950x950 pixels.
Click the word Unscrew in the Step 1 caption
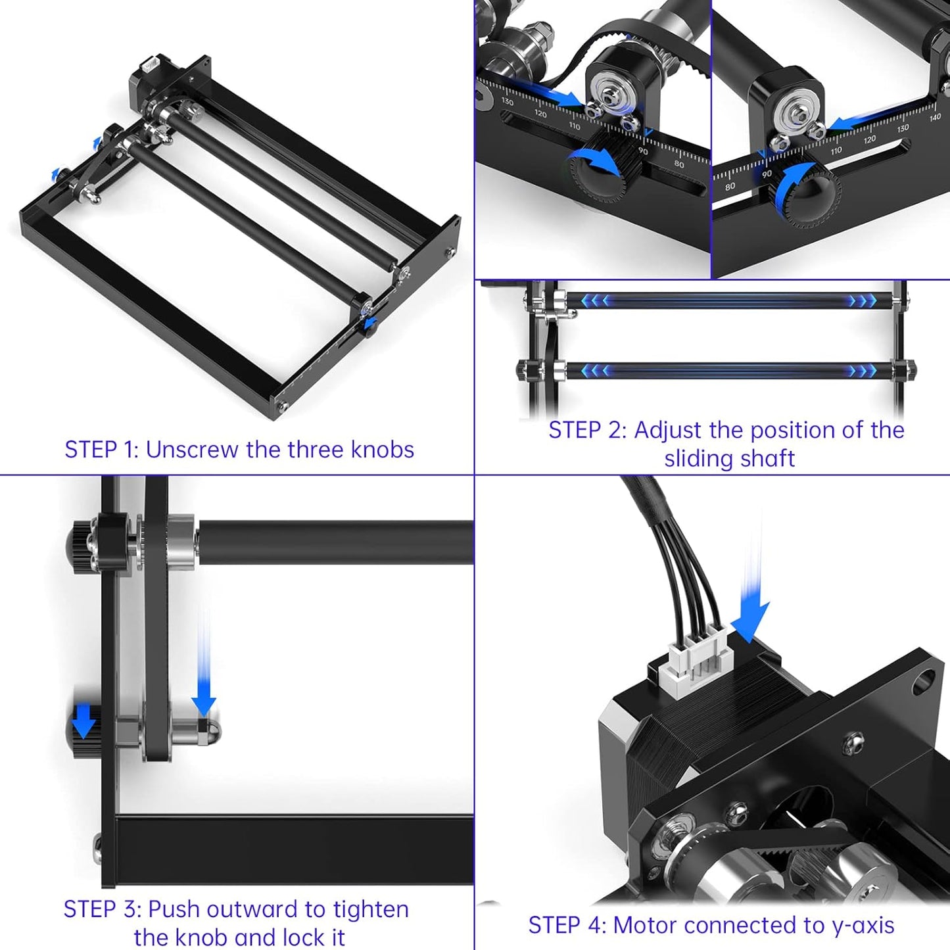tap(192, 450)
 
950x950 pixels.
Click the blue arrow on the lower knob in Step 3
tap(83, 721)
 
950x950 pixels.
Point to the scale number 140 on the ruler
tap(935, 118)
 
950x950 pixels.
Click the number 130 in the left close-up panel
tap(507, 102)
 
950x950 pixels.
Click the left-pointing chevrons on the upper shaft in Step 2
tap(595, 300)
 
